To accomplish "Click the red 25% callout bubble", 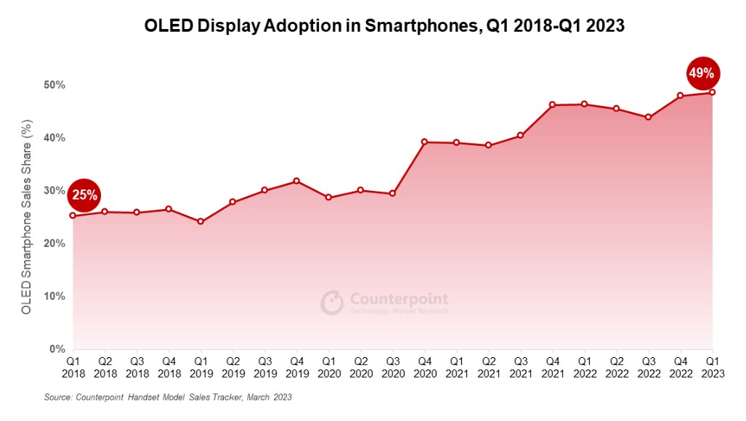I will point(84,195).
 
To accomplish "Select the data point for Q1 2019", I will point(200,221).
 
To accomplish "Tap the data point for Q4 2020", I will point(424,142).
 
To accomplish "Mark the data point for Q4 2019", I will point(296,181).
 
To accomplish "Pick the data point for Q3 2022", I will point(648,117).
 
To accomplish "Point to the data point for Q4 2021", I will point(552,105).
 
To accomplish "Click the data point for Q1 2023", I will point(712,92).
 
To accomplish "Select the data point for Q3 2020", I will point(392,194).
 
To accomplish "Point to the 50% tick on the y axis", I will point(54,85).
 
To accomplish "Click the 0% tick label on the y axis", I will point(57,349).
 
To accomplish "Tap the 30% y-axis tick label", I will point(54,191).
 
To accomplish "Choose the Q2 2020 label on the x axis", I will point(360,366).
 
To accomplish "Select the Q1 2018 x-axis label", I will point(73,366).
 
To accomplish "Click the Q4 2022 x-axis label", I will point(680,366).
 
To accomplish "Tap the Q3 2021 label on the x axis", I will point(520,366).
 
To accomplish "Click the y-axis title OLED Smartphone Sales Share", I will point(27,218).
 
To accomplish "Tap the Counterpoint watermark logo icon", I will point(332,303).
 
